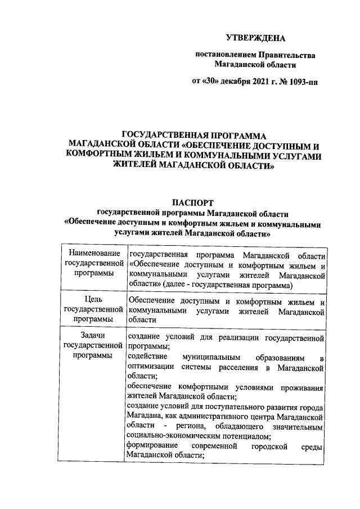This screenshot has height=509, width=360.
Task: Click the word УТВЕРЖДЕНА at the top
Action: point(255,38)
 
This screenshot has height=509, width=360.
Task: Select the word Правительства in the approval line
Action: point(287,55)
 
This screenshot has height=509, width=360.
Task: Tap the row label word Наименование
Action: point(93,255)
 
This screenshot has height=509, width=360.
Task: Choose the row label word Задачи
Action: point(93,336)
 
